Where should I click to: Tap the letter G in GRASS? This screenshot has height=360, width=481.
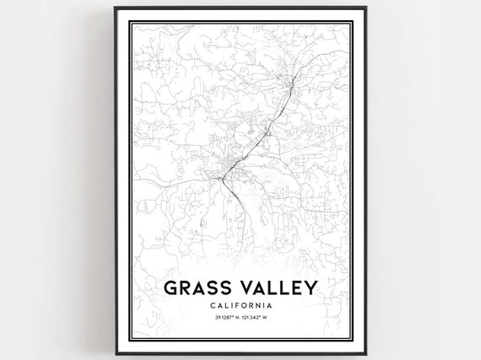pyautogui.click(x=169, y=289)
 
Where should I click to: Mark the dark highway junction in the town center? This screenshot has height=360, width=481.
pyautogui.click(x=222, y=178)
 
